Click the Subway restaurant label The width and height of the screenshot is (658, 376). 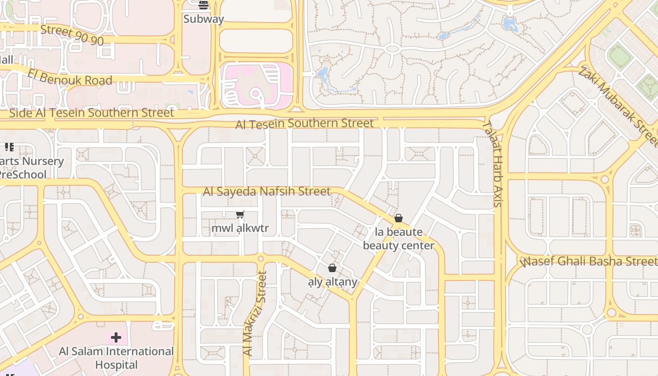tap(204, 19)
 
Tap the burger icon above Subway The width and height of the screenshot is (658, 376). tap(204, 6)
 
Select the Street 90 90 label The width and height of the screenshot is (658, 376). tap(72, 35)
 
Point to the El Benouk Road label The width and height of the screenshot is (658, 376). tap(70, 77)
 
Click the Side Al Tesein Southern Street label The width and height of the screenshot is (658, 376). tap(92, 113)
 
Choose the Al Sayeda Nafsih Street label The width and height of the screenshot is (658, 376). tap(266, 191)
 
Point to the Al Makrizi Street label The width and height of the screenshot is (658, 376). tap(254, 313)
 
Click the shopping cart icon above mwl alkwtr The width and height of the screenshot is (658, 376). tap(240, 215)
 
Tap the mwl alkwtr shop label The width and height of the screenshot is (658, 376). tap(240, 228)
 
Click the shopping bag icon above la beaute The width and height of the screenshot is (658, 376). tap(399, 218)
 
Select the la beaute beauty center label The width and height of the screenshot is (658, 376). tap(399, 239)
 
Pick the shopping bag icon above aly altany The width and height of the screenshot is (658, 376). tap(332, 268)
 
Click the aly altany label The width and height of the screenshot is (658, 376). tap(332, 282)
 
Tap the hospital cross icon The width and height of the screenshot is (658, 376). tap(116, 337)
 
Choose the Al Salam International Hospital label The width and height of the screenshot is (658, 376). tap(116, 358)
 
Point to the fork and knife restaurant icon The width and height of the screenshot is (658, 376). tap(9, 147)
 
